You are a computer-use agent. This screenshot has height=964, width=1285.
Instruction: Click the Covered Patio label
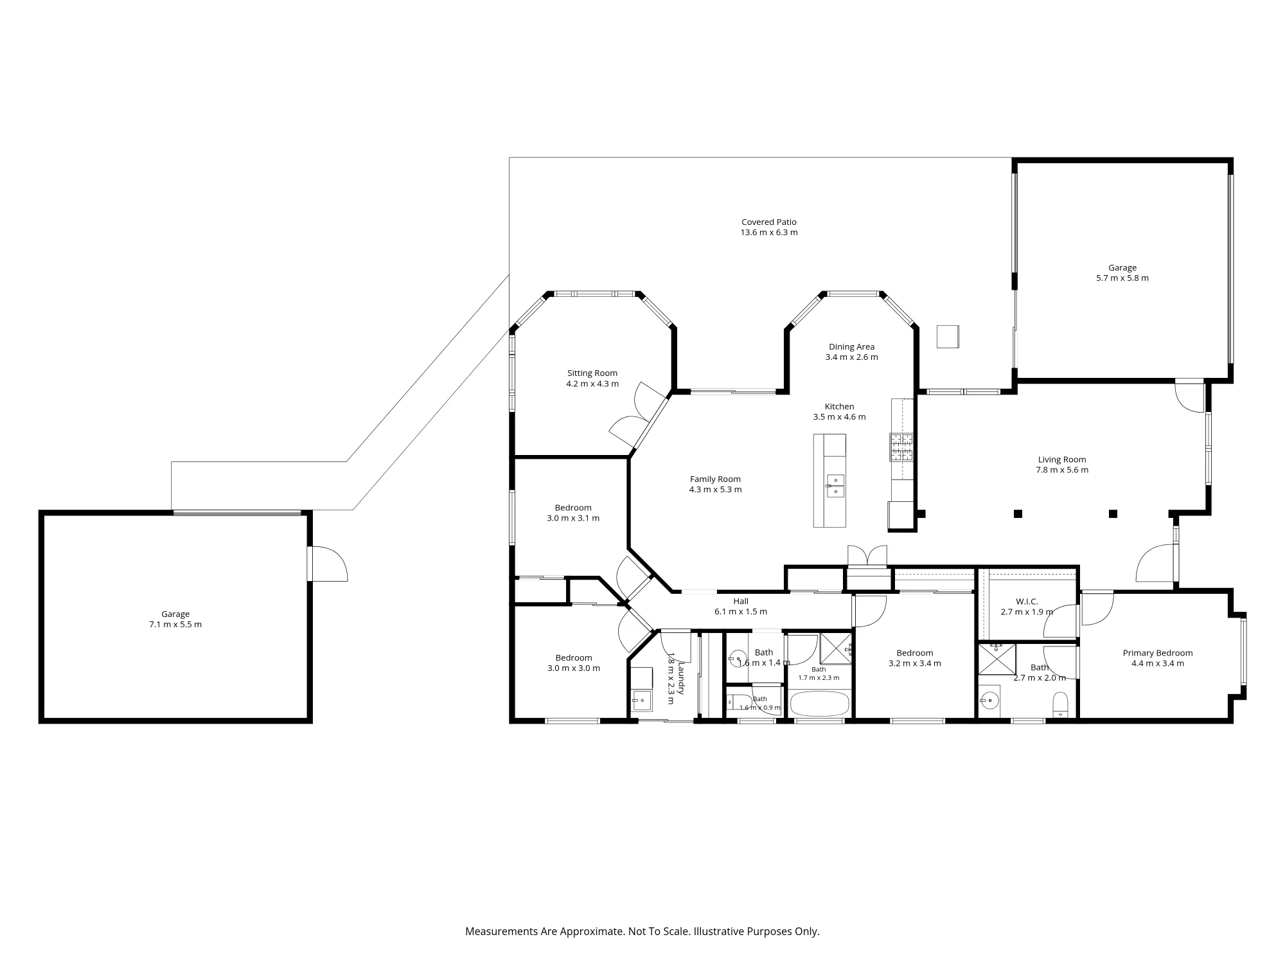coord(769,222)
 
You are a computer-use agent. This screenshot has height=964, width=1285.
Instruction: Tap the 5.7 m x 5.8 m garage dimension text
coord(1122,278)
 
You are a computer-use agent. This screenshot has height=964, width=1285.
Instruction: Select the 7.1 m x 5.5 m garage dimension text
coord(175,625)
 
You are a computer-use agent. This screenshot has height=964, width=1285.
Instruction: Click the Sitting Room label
coord(592,373)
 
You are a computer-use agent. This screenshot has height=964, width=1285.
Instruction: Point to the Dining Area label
coord(851,347)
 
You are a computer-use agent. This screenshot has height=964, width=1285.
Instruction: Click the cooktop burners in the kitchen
coord(901,447)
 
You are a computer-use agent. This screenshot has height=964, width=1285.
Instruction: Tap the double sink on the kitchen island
coord(835,486)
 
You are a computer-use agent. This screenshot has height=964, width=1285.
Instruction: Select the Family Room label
coord(715,479)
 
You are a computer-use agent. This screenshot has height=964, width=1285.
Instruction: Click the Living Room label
coord(1062,460)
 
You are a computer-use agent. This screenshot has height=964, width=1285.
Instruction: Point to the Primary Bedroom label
coord(1158,653)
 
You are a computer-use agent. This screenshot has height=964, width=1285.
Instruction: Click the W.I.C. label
coord(1027,602)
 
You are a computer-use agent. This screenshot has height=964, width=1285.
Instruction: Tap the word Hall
coord(741,602)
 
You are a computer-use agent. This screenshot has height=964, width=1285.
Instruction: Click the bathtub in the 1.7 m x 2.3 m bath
coord(820,704)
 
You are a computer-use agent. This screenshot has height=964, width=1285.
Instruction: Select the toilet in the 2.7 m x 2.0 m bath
coord(1060,704)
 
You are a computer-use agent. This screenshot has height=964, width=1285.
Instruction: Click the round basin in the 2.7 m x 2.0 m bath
coord(991,699)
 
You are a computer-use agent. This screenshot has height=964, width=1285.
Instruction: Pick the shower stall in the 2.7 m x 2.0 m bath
coord(997,659)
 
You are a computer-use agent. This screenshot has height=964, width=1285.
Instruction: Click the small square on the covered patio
coord(948,337)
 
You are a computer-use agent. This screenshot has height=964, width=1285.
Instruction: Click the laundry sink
coord(642,701)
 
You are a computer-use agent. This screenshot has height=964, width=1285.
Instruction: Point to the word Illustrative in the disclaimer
coord(718,931)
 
